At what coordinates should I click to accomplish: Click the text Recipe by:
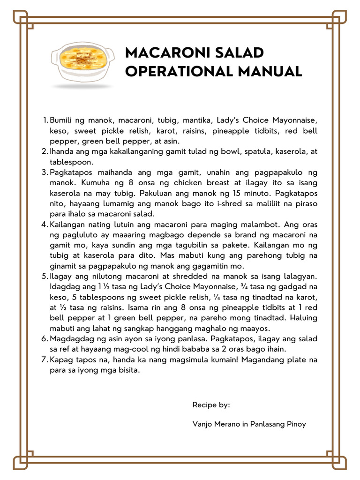point(211,405)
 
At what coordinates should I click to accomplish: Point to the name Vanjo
point(202,424)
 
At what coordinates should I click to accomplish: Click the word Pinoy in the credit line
point(295,424)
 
